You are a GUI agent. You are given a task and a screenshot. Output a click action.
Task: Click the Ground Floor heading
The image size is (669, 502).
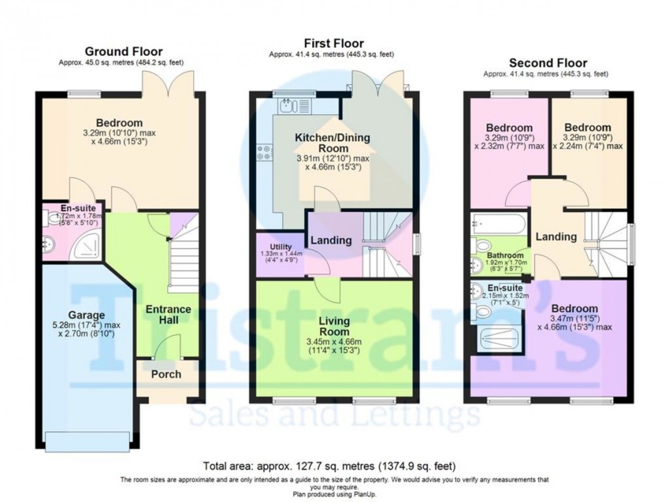pyautogui.click(x=124, y=52)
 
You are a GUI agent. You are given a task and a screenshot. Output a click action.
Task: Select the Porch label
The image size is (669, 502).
pyautogui.click(x=166, y=375)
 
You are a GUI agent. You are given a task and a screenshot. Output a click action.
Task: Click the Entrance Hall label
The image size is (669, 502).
pyautogui.click(x=168, y=314)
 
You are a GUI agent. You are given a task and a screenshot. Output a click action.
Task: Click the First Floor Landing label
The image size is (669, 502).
pyautogui.click(x=331, y=241)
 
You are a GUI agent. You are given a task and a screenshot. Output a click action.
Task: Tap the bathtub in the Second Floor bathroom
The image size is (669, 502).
pyautogui.click(x=497, y=226)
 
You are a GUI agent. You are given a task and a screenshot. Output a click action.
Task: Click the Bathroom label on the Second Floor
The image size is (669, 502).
pyautogui.click(x=505, y=255)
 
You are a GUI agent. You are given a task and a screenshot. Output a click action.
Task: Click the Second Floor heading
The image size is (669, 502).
pyautogui.click(x=548, y=64)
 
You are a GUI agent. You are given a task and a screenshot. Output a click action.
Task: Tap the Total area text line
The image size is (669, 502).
pyautogui.click(x=329, y=467)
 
